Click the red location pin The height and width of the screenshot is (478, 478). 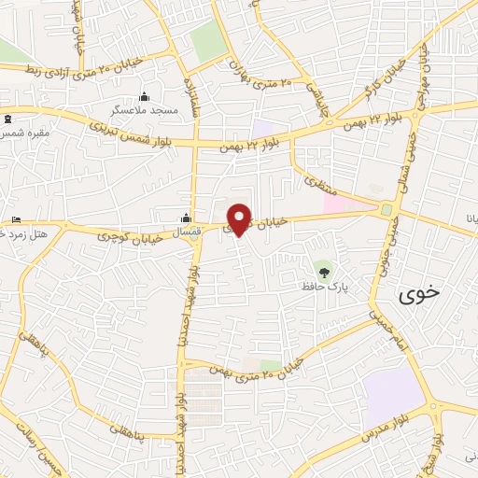(x=239, y=218)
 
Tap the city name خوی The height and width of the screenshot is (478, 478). (x=418, y=296)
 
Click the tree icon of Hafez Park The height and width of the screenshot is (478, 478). (x=324, y=272)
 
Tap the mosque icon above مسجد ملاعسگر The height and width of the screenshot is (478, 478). (x=144, y=97)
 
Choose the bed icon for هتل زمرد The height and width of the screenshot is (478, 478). (x=16, y=219)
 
